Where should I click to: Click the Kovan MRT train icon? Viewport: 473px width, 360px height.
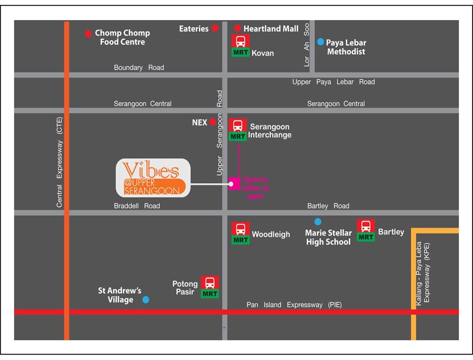240,42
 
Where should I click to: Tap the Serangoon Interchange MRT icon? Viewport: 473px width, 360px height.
238,126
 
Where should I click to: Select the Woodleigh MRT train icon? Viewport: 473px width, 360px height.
241,229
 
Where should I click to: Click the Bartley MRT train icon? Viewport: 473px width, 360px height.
366,227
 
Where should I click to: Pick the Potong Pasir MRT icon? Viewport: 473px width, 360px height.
210,283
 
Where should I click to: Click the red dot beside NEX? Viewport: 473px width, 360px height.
213,122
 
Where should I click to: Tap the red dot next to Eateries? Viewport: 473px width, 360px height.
215,28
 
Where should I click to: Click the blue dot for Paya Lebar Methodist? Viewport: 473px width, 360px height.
321,42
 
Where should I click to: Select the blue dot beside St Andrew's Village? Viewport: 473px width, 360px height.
145,300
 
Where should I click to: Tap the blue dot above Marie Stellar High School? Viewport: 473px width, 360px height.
318,221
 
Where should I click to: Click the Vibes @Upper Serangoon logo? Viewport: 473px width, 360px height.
153,178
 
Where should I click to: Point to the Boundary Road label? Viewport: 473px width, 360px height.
139,67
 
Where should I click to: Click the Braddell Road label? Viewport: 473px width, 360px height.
137,206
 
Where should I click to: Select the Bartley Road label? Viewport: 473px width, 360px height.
328,206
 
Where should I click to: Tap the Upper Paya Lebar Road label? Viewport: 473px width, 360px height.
334,82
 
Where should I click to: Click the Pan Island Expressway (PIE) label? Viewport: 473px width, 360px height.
294,305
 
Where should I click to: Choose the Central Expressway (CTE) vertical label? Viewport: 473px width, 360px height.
60,162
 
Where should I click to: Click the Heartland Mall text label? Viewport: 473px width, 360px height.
271,29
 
